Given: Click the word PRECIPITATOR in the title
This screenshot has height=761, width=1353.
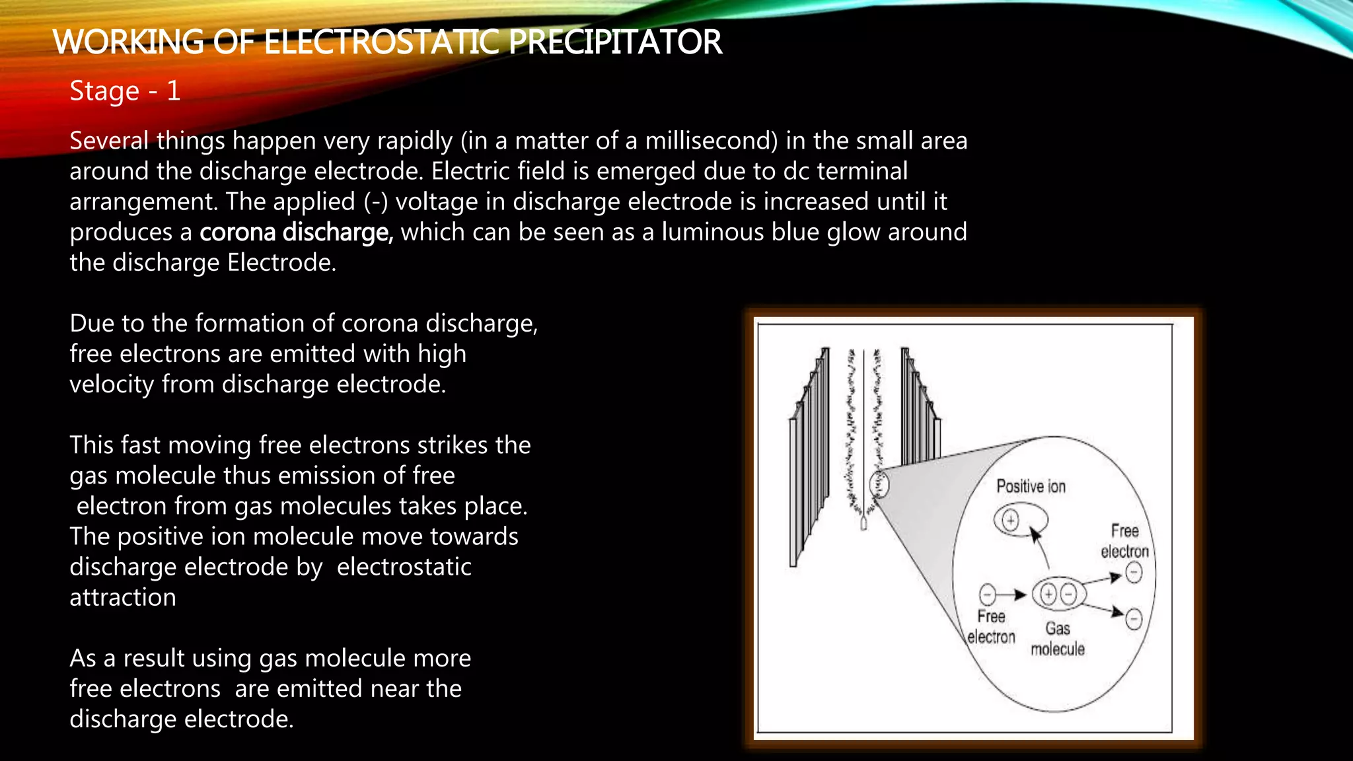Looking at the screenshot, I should click(x=615, y=42).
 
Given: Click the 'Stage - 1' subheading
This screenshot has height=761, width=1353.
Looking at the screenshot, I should click(x=125, y=91).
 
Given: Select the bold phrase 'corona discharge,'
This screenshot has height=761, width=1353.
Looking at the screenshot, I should click(x=296, y=233).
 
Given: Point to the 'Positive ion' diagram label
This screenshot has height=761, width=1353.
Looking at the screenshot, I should click(x=1031, y=487).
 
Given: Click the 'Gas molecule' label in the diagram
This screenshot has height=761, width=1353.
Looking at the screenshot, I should click(x=1058, y=639).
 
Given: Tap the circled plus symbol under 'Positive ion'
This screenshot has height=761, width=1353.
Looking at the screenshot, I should click(x=1010, y=521).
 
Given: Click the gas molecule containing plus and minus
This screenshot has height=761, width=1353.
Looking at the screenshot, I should click(x=1058, y=595).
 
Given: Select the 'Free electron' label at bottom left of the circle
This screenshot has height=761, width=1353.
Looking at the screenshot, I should click(x=991, y=626).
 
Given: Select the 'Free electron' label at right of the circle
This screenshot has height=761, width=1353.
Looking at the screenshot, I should click(x=1124, y=541).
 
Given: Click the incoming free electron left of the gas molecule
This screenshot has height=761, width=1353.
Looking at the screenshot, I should click(x=987, y=595).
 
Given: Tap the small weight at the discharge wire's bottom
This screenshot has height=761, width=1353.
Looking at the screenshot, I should click(x=863, y=525).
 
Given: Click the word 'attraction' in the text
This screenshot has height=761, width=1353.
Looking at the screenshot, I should click(x=123, y=598).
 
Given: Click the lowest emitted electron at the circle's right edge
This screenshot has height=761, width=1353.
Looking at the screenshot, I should click(x=1134, y=620).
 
